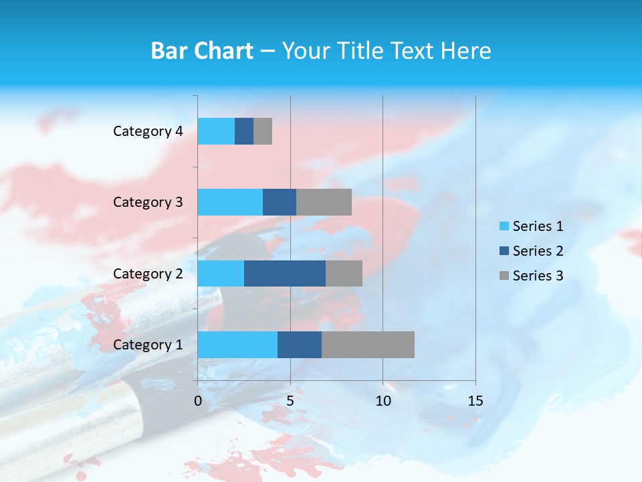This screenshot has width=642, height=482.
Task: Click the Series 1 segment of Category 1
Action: point(237,344)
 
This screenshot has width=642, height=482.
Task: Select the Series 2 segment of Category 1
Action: point(300,344)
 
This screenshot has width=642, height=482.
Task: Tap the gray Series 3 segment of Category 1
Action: point(368,344)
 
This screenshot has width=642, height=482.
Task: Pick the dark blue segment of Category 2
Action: point(285,273)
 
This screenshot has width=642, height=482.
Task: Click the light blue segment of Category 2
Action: point(221,273)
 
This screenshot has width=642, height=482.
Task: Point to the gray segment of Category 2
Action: point(344,273)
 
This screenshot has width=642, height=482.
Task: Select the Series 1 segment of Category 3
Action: point(230,202)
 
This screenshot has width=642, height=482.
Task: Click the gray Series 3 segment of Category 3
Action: point(324,202)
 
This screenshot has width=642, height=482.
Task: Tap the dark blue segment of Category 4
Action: point(244,131)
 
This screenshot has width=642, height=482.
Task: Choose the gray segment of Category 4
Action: point(263,131)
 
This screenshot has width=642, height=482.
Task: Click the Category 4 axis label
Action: point(148,131)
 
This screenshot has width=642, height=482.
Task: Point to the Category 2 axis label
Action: point(148,273)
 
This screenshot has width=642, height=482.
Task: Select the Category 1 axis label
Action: point(148,345)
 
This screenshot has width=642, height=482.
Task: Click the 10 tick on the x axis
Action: point(383,401)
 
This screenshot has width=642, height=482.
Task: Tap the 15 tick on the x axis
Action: point(475,401)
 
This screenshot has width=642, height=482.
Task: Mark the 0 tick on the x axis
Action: point(198,401)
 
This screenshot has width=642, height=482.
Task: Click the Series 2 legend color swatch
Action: point(504,251)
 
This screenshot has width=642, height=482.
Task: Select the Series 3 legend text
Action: point(538,276)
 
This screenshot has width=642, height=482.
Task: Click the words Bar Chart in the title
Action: point(202,51)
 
